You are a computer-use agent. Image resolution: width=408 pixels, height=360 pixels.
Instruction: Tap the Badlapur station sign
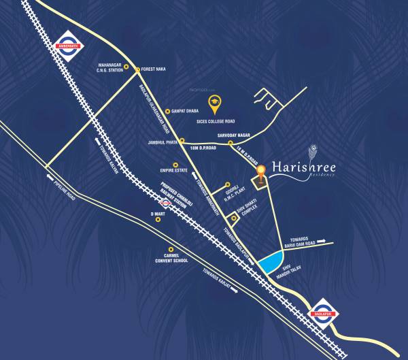pos(319,313)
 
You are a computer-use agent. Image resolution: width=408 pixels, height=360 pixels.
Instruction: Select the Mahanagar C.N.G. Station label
pos(112,68)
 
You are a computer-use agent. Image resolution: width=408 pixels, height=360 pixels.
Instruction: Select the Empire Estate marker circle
pos(175,165)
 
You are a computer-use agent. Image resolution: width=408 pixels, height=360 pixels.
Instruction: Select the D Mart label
pos(158,214)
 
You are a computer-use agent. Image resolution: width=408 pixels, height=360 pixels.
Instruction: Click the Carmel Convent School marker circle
pos(171,249)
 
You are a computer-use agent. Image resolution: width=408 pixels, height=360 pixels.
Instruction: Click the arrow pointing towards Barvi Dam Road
pos(325,240)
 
